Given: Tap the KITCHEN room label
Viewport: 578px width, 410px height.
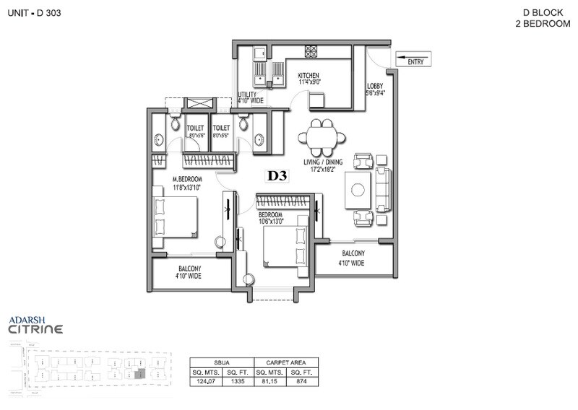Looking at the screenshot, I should pos(308,76).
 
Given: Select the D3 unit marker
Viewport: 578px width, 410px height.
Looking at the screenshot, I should pos(278,175).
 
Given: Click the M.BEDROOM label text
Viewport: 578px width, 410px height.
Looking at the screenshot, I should pos(187,179).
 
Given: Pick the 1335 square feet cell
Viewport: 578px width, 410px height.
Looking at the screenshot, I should pos(238,382).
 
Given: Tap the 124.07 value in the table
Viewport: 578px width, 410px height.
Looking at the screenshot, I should pos(206,382).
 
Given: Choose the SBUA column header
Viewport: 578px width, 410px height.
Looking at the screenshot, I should pos(222,363).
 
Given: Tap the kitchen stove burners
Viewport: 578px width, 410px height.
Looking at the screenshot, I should pos(311,51).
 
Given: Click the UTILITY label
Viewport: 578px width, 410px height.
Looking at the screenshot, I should pos(249,95).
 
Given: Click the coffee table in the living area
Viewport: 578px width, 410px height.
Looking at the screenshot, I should pos(358,191).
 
